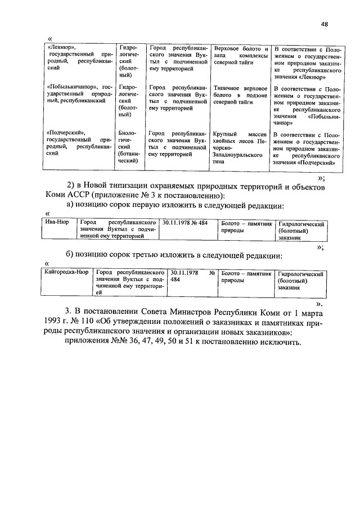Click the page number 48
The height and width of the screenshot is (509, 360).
pos(325,24)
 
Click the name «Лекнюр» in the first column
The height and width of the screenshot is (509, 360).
pos(61,47)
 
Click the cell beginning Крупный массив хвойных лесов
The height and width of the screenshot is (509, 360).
pos(238,147)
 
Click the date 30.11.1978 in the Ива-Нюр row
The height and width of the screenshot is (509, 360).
pos(174,223)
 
